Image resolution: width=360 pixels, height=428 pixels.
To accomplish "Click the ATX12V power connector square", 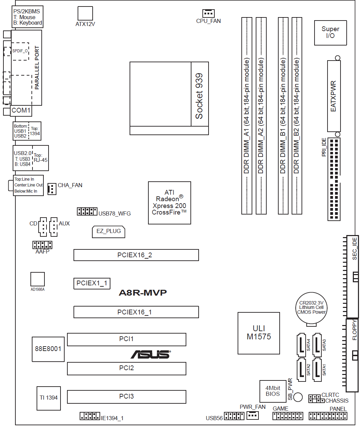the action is (85, 13).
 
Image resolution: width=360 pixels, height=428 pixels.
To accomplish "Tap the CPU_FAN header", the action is (209, 13).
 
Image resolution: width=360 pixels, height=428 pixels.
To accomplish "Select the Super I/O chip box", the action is (330, 33).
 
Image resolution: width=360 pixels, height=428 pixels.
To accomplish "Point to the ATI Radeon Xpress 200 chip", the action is (170, 203).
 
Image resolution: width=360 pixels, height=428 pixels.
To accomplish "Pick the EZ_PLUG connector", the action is (109, 232).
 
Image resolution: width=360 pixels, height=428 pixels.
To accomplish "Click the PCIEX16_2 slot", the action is (136, 255).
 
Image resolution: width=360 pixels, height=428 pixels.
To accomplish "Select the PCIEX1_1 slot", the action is (92, 284).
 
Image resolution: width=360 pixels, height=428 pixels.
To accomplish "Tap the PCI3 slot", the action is (126, 397).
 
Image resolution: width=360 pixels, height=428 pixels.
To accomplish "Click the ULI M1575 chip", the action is (258, 333).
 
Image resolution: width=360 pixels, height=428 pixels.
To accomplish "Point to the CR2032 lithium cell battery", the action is (311, 308).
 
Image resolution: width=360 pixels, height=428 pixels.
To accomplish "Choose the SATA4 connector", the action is (302, 345).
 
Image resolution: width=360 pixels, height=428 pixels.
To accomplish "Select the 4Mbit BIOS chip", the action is (273, 391).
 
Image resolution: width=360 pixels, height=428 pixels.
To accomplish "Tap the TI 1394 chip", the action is (49, 398).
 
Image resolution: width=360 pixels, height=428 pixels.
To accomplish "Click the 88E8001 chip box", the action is (48, 349).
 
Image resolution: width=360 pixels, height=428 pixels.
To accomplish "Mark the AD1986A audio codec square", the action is (38, 279).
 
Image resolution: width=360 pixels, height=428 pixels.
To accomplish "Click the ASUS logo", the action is (150, 354).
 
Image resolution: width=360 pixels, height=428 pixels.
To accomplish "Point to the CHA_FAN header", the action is (52, 189).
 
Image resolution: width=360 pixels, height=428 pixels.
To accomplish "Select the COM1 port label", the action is (21, 110).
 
